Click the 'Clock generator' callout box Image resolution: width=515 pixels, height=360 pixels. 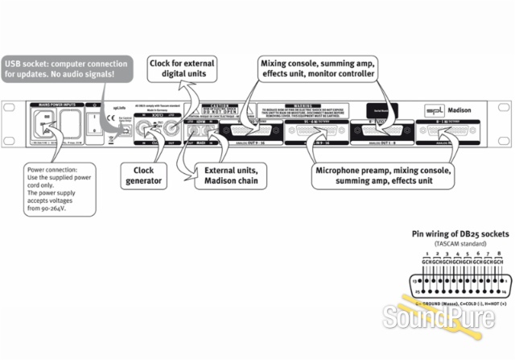point(144,176)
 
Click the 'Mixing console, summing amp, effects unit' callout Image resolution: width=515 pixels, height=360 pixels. point(317,68)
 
